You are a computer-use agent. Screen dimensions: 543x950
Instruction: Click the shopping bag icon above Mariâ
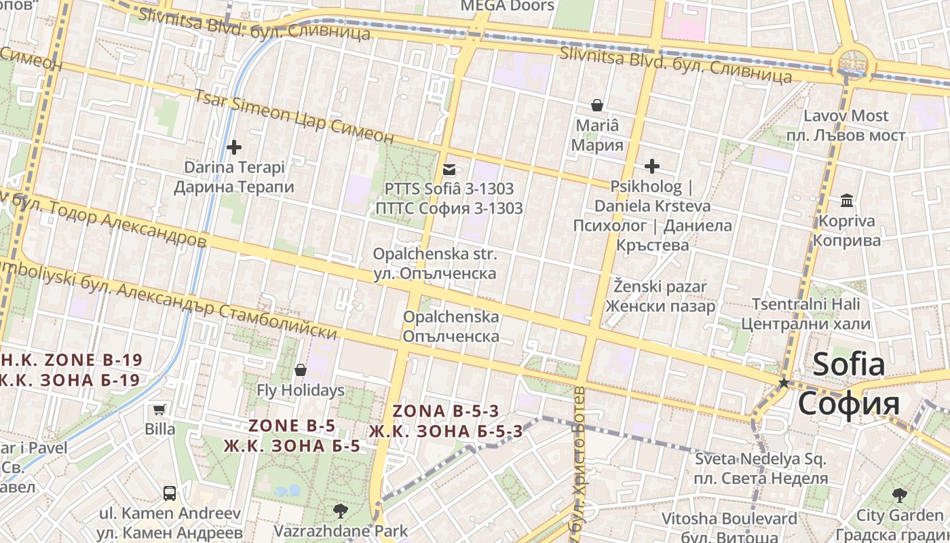click(597, 105)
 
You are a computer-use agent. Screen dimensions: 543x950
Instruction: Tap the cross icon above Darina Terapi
click(234, 147)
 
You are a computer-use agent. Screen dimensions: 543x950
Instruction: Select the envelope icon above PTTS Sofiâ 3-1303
click(449, 169)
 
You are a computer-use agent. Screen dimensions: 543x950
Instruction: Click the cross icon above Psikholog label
click(652, 166)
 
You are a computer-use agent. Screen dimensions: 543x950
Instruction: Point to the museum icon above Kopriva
click(847, 201)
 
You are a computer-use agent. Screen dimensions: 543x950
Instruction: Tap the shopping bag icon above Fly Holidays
click(301, 370)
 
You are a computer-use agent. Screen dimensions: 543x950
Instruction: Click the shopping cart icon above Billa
click(159, 409)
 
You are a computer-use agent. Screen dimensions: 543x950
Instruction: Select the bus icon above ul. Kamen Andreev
click(170, 493)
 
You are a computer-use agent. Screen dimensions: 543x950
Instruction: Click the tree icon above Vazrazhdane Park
click(341, 510)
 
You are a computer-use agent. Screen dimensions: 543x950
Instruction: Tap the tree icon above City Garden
click(900, 495)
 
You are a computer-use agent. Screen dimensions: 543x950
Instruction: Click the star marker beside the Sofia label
click(784, 383)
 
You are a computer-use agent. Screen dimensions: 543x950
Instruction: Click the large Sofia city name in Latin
click(849, 364)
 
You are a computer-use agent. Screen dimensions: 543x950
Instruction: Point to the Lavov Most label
click(845, 115)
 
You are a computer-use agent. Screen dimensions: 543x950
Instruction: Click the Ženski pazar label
click(660, 286)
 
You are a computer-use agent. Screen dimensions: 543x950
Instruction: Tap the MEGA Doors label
click(508, 6)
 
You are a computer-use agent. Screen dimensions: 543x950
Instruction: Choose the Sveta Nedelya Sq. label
click(761, 460)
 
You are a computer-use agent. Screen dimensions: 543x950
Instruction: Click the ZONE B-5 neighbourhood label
click(292, 426)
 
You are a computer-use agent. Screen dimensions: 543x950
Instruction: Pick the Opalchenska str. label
click(435, 255)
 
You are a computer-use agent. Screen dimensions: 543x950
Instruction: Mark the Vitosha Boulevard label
click(729, 519)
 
